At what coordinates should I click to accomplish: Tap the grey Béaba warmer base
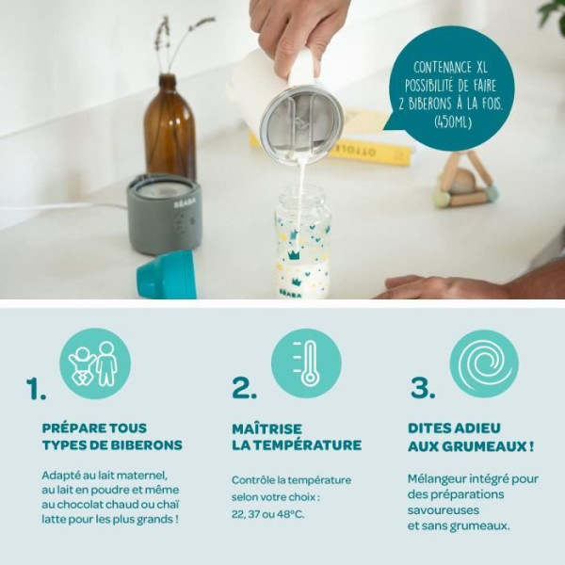[x=164, y=214]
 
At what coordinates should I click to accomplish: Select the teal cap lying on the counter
[x=167, y=276]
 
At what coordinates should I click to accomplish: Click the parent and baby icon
[x=95, y=363]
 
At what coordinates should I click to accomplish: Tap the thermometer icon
[x=306, y=363]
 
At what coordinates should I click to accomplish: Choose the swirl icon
[x=484, y=363]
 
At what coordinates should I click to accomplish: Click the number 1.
[x=36, y=389]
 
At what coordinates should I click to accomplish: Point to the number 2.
[x=244, y=389]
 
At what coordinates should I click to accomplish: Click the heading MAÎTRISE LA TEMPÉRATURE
[x=296, y=436]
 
